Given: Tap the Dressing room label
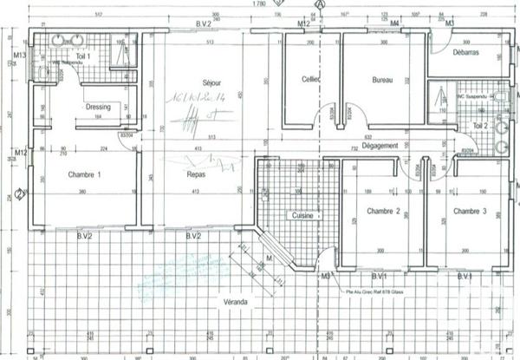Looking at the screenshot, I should [x=96, y=107].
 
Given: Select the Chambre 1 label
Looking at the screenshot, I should [x=84, y=174].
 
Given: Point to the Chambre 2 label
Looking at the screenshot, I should [x=382, y=211].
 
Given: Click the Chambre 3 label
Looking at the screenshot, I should [x=470, y=211].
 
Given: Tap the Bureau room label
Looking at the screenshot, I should [x=382, y=81].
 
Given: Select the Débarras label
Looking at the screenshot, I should [x=465, y=54].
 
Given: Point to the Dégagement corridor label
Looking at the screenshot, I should [x=376, y=147].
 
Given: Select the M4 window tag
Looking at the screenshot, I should [x=394, y=23].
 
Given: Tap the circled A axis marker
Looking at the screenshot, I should [x=322, y=4].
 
